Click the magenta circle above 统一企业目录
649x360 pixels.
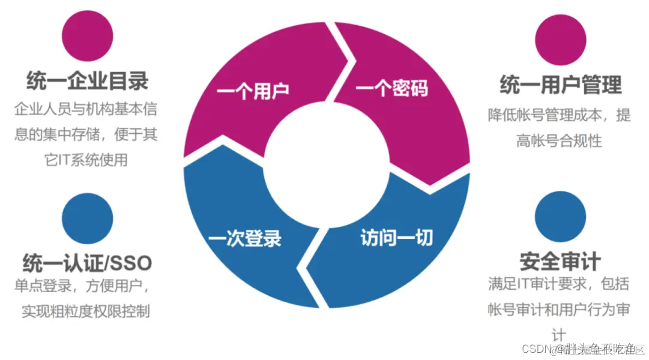click(x=88, y=36)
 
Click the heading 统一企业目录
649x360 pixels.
click(x=88, y=81)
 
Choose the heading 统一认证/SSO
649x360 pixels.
click(x=88, y=263)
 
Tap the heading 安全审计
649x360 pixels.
click(x=560, y=262)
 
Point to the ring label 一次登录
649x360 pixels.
click(x=244, y=238)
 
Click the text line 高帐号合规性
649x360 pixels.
click(x=559, y=141)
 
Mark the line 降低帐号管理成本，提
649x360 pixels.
click(x=559, y=115)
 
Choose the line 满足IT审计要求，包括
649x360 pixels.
click(x=559, y=284)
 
